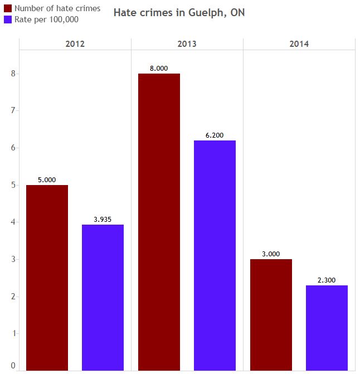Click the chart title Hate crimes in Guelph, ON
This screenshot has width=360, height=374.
pos(179,13)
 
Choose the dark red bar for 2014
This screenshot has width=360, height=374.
pos(271,314)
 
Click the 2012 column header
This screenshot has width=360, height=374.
pos(75,44)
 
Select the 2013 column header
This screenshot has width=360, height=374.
pos(187,44)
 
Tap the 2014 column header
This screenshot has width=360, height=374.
pos(299,44)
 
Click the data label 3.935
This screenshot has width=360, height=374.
pos(103,220)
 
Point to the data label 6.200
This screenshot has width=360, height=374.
pos(215,135)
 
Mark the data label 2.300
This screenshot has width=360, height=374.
pos(327,280)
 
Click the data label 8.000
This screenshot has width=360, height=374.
pos(159,69)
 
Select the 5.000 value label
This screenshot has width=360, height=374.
pos(47,180)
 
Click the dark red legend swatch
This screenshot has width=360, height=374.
pos(8,8)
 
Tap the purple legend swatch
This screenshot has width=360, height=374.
pos(8,20)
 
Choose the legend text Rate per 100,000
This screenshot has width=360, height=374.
pos(46,20)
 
